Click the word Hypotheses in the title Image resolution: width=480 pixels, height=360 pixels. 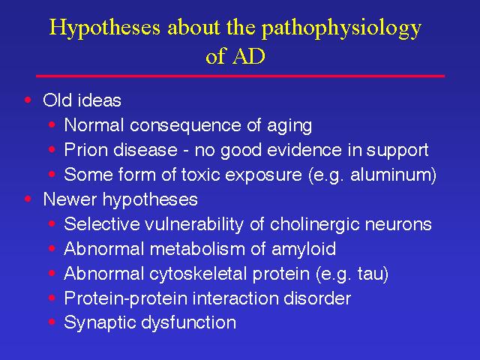tap(105, 28)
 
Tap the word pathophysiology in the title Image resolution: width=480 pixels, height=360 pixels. tap(342, 28)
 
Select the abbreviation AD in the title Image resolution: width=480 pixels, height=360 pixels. tap(248, 56)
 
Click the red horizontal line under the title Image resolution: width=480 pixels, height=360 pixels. tap(240, 76)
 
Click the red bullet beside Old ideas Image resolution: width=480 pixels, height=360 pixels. tap(28, 100)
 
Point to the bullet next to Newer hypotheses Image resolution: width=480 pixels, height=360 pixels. tap(28, 199)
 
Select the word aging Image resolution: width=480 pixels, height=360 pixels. tap(289, 126)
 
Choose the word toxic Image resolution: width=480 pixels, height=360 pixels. tap(200, 175)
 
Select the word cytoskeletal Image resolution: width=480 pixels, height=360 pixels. tap(199, 274)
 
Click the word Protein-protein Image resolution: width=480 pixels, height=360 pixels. tap(126, 298)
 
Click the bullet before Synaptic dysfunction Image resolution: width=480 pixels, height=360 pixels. tap(52, 322)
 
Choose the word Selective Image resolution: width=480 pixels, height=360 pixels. tap(102, 223)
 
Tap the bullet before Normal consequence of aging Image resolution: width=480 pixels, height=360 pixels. tap(52, 124)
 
